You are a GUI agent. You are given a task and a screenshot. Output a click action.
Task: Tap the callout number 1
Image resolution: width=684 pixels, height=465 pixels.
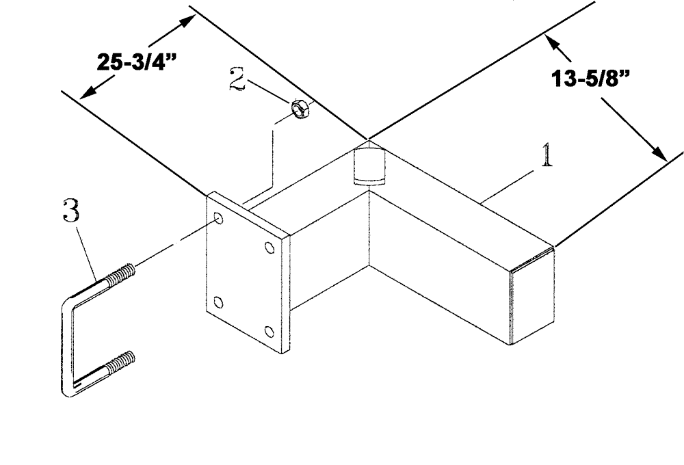coord(546,157)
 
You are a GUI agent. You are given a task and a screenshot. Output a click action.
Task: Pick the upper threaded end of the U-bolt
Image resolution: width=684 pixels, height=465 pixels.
coord(122,273)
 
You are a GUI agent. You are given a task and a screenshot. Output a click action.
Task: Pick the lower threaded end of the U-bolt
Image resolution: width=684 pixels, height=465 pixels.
coord(122,362)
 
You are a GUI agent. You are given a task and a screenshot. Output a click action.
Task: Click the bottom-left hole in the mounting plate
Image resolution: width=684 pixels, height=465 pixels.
coord(218,302)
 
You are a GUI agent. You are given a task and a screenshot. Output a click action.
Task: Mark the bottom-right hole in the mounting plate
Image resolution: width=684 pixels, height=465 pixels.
coord(269,332)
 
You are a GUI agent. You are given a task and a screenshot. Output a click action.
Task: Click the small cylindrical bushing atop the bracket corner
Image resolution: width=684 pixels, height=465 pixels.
coord(369,168)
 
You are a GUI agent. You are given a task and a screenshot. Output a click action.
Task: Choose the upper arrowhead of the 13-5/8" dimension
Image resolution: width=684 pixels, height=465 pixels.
coord(550,43)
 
